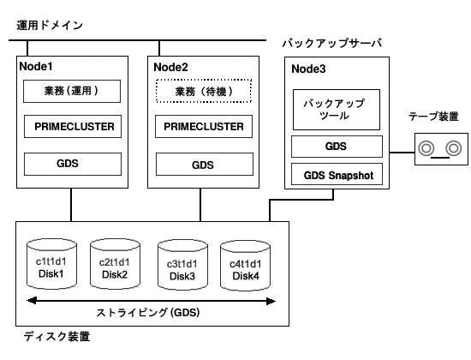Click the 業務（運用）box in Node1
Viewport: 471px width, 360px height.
(72, 91)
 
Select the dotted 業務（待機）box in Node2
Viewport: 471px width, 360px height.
(204, 91)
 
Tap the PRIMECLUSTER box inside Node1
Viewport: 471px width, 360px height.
(73, 126)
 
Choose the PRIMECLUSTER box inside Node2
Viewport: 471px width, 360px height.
(204, 126)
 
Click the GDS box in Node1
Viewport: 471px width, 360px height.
(73, 164)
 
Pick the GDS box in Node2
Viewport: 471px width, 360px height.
(205, 165)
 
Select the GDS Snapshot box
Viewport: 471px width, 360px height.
(337, 174)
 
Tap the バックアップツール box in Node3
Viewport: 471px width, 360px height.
(337, 110)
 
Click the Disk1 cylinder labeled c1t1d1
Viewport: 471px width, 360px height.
(51, 264)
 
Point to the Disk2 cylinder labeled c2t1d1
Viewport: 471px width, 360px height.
(115, 264)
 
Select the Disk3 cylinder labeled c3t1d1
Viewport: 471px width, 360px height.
(182, 265)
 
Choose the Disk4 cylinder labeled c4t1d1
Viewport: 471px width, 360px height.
(245, 266)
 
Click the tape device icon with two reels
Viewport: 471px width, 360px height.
(441, 149)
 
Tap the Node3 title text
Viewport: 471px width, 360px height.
(308, 69)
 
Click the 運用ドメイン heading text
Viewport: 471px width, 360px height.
(50, 25)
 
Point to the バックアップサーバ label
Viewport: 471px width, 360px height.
(332, 43)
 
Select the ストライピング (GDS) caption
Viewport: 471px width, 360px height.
(148, 313)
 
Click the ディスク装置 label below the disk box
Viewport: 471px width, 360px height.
(57, 336)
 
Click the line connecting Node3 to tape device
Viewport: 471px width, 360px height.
(402, 153)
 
